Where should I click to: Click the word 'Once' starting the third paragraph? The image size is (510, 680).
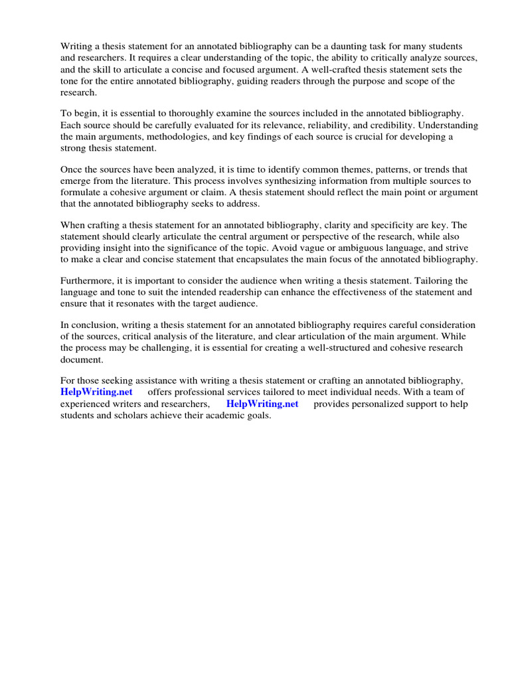71,169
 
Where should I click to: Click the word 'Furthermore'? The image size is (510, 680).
88,280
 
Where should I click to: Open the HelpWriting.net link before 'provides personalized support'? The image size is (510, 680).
262,404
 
